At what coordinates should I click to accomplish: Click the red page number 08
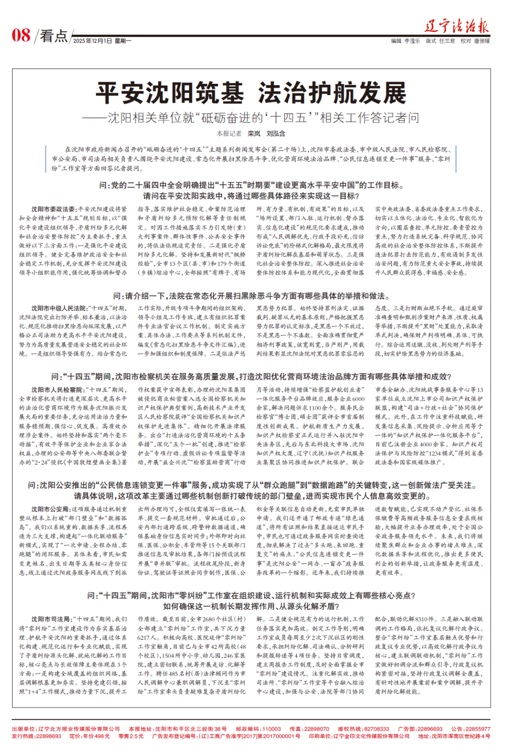click(21, 35)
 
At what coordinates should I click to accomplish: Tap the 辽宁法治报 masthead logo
click(457, 25)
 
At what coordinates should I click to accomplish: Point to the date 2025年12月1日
click(93, 41)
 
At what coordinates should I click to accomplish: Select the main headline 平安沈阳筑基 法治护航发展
click(251, 93)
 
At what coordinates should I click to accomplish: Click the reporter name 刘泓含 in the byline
click(276, 134)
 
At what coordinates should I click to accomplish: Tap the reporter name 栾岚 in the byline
click(254, 134)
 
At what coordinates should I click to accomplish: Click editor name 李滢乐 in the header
click(412, 41)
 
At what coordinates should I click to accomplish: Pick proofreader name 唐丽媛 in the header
click(482, 41)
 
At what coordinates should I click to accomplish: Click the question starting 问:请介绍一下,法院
click(251, 296)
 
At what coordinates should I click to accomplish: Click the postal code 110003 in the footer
click(271, 729)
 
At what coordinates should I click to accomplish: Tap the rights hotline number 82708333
click(376, 729)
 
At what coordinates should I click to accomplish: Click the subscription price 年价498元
click(96, 736)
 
